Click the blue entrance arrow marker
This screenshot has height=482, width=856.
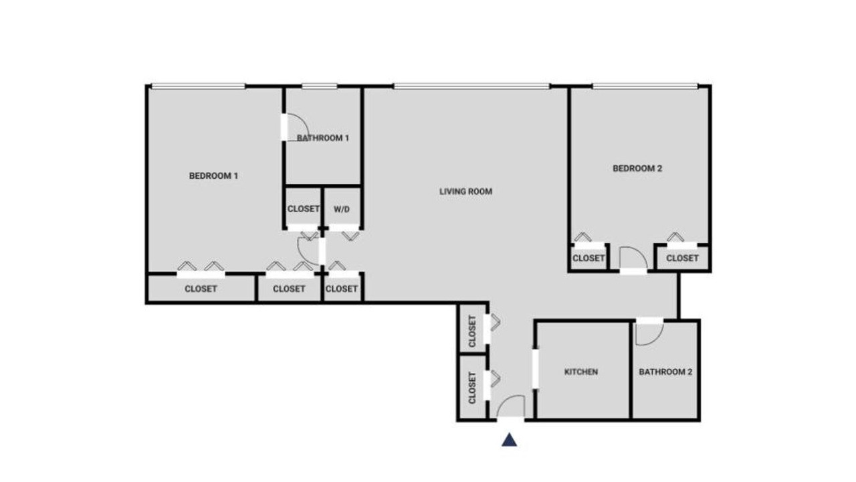[x=510, y=440]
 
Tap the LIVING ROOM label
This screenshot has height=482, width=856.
[x=466, y=191]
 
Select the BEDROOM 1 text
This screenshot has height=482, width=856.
[x=213, y=175]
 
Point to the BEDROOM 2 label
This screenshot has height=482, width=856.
[x=637, y=168]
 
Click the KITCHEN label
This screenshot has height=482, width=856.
[x=581, y=372]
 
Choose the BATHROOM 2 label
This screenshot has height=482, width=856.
[x=665, y=372]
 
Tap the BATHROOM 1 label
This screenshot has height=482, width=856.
[x=323, y=138]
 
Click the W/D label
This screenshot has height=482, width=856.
[x=342, y=210]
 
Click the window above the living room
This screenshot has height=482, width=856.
[x=471, y=86]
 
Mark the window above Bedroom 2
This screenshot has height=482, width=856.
[x=645, y=86]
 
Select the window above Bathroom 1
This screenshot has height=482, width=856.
[x=320, y=86]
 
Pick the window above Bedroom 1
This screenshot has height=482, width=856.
[x=199, y=86]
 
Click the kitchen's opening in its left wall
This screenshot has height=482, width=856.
[x=536, y=369]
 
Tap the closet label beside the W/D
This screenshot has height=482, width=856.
[x=304, y=209]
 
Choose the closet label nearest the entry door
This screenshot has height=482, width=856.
[x=472, y=388]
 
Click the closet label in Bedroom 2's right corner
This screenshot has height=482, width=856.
[x=683, y=258]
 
